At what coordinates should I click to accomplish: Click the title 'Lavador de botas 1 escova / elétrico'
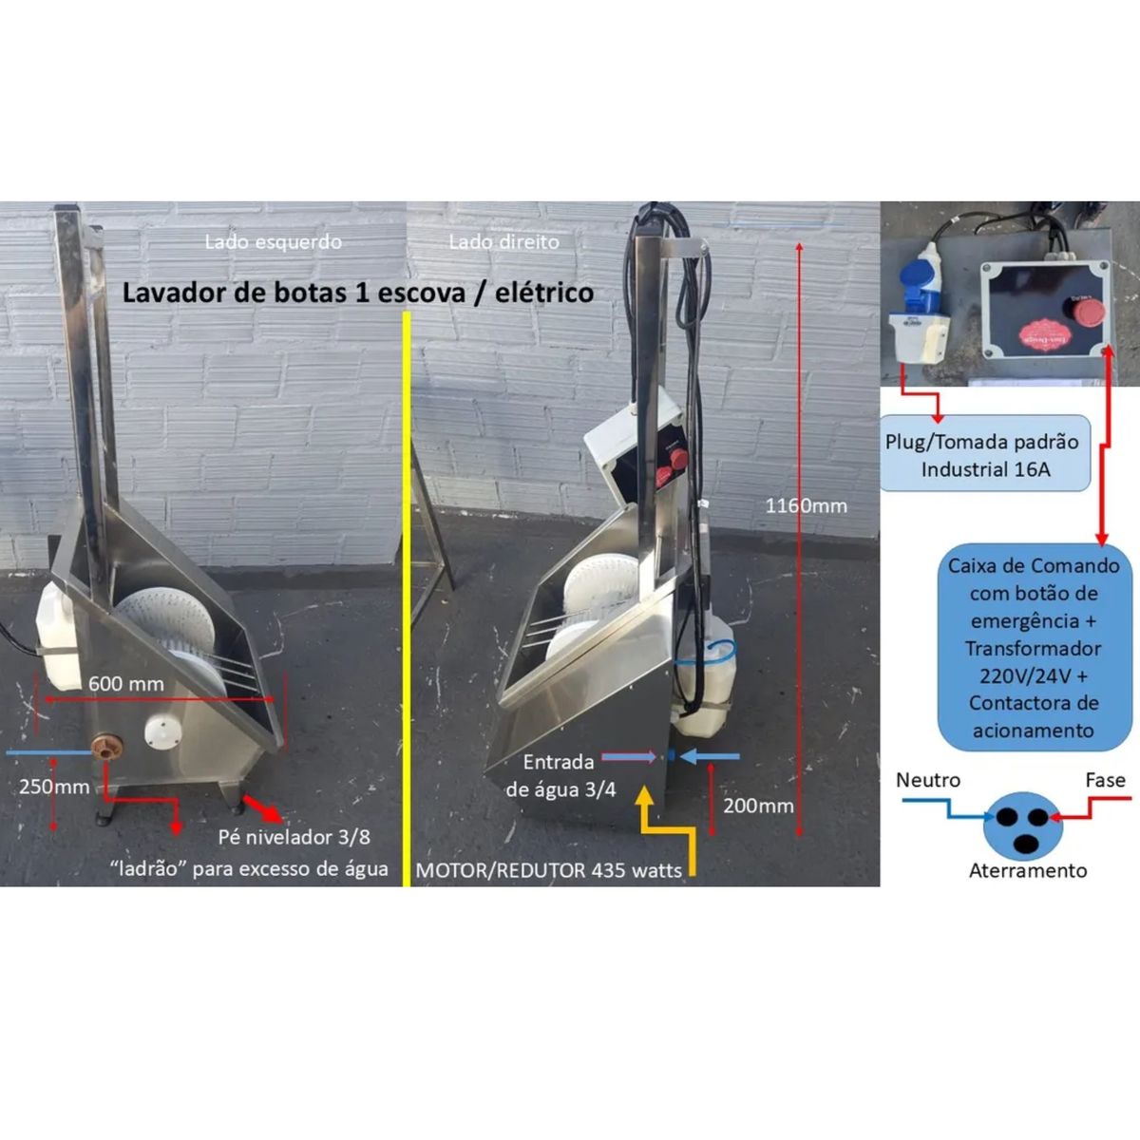(x=357, y=292)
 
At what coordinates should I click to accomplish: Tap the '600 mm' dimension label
(x=125, y=683)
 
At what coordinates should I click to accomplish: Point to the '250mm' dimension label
(x=54, y=787)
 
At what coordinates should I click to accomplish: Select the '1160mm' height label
(x=807, y=505)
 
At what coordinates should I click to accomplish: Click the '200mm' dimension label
(x=758, y=806)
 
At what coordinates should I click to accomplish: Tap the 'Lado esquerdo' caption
(x=273, y=241)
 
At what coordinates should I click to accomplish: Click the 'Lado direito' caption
(x=503, y=241)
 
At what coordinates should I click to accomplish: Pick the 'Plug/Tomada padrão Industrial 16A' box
(x=982, y=455)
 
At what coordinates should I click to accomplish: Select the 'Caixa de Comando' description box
(x=1034, y=647)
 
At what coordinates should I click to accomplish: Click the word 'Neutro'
(x=928, y=780)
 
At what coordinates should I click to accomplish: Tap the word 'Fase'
(x=1105, y=780)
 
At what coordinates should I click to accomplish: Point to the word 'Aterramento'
(x=1027, y=870)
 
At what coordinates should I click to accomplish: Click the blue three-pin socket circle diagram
(x=1020, y=824)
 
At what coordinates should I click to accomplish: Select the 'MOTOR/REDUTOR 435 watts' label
(x=549, y=870)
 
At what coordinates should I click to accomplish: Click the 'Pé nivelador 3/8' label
(x=294, y=837)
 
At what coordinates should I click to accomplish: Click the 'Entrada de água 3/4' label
(x=560, y=774)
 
